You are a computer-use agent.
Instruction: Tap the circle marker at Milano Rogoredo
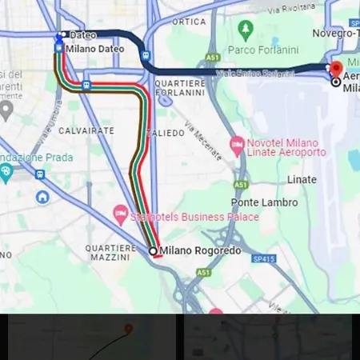[x=154, y=251]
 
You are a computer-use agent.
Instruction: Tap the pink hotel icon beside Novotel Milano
[x=236, y=146]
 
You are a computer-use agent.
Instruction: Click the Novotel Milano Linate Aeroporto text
[x=288, y=146]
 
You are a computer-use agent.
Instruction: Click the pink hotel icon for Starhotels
[x=120, y=213]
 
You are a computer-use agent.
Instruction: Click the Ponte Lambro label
[x=265, y=202]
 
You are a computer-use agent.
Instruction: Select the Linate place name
[x=302, y=179]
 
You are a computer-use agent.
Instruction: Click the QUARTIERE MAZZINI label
[x=110, y=253]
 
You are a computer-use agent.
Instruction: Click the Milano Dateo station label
[x=95, y=49]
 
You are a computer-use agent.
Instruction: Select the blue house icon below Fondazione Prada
[x=41, y=196]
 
